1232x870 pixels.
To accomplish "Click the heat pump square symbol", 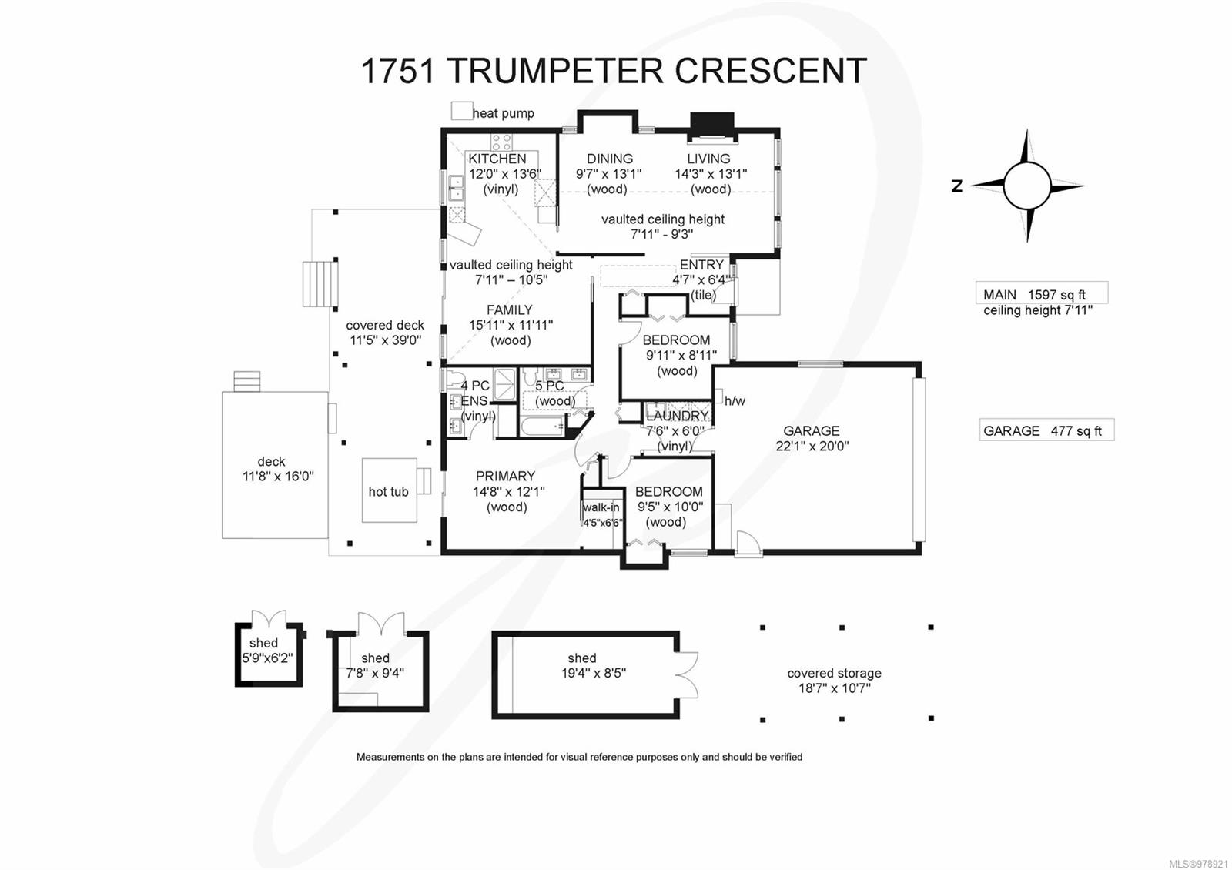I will (x=461, y=111).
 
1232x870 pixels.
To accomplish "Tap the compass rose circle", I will (x=1026, y=186).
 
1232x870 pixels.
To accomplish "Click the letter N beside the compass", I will (x=957, y=186).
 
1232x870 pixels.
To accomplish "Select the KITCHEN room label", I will (x=497, y=159).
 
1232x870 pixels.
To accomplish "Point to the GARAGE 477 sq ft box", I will (x=1046, y=431).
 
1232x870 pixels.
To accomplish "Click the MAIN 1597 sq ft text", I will (x=1034, y=295).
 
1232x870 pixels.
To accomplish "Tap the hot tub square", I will (x=389, y=490).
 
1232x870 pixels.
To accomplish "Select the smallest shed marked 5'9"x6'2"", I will (x=267, y=654).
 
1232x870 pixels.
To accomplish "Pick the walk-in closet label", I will (x=601, y=507).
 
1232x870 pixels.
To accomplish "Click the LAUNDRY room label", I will (x=677, y=416).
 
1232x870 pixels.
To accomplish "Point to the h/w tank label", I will (x=735, y=400).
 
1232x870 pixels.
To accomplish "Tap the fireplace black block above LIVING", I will (x=711, y=124).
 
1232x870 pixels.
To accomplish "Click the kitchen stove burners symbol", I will (x=501, y=142).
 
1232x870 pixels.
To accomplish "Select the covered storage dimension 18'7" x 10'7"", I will (x=834, y=688).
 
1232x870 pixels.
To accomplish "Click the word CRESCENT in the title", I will (x=771, y=71).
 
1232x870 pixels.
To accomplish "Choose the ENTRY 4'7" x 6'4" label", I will (x=701, y=273).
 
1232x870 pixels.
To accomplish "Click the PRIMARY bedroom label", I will (x=505, y=477).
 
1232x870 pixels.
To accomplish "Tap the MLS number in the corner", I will (x=1198, y=864).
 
